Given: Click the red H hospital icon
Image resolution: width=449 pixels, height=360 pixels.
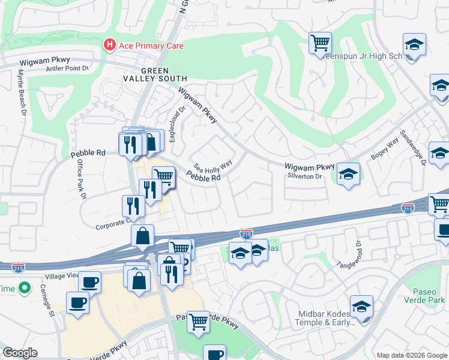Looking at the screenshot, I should coord(109,45).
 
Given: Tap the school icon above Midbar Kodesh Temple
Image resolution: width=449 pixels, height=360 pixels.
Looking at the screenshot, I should coord(362,307).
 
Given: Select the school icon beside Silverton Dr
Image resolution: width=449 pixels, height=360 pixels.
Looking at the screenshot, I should coord(349,174).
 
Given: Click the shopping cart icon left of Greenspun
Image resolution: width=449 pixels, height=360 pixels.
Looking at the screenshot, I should coord(321,43).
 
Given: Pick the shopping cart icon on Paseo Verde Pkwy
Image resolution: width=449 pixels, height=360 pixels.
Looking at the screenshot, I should coord(199,321).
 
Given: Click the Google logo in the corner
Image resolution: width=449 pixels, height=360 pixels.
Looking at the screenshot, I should coord(20,353).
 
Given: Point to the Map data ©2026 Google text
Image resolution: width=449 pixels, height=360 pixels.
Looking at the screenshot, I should coord(411,355).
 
